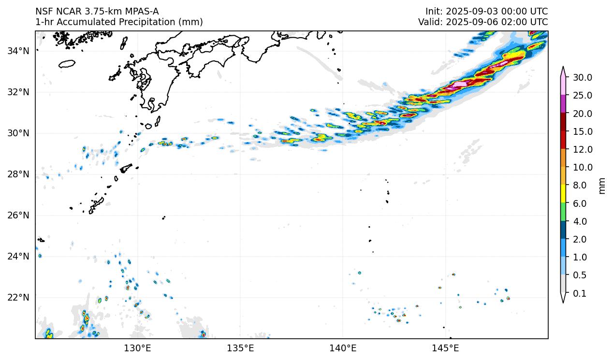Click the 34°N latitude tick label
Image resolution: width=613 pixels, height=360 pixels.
pos(18,51)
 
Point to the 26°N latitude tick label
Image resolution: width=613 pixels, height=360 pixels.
pos(18,215)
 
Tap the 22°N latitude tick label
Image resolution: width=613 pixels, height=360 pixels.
pos(18,297)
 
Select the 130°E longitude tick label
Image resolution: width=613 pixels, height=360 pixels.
pos(138,348)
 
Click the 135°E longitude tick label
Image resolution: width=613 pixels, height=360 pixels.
pos(240,348)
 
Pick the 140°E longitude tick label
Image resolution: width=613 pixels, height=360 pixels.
pos(343,348)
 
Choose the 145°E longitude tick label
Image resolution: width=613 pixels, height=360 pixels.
pos(445,348)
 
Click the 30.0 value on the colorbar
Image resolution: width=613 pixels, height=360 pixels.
pos(582,77)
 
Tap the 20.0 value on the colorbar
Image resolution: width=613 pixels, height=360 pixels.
pos(582,114)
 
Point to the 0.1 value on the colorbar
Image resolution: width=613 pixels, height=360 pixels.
pos(579,293)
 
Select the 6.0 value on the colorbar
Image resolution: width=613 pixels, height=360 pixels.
pos(579,203)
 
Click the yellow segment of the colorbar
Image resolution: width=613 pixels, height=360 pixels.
pos(563,194)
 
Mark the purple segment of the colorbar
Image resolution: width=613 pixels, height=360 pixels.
pos(563,104)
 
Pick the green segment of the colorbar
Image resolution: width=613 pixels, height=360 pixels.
pos(563,212)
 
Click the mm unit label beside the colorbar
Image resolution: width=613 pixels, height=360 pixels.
pos(602,186)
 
